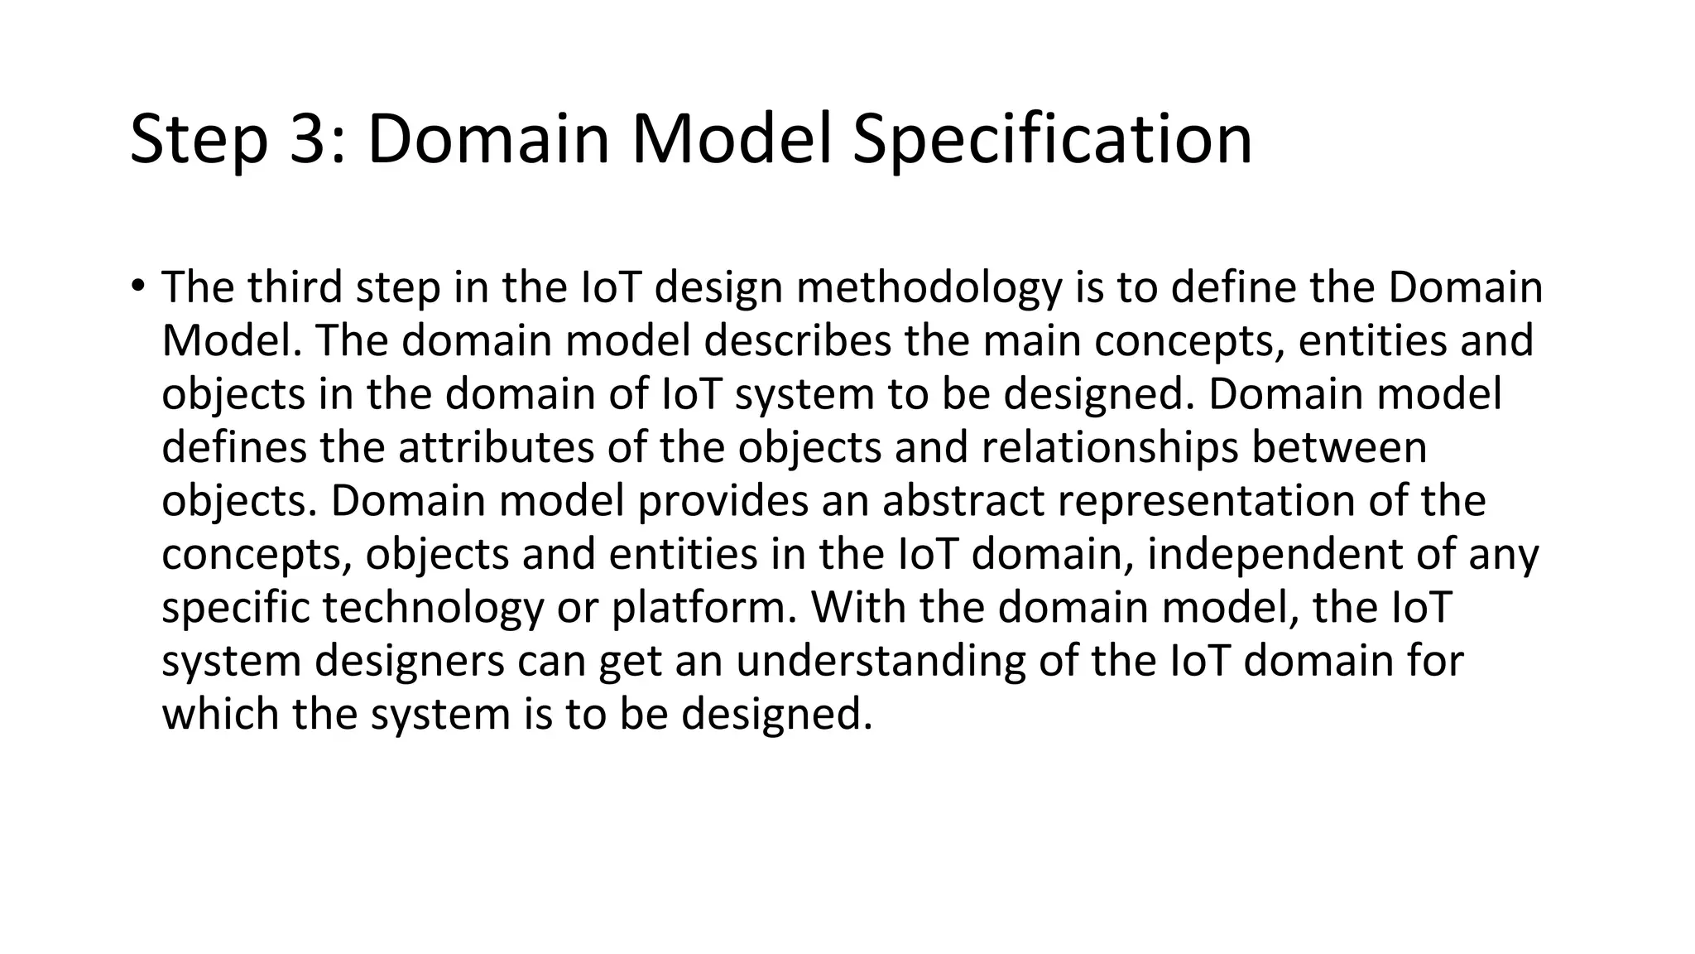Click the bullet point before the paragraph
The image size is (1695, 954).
[x=137, y=287]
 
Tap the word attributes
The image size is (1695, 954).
[x=496, y=447]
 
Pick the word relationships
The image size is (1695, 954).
[x=1110, y=447]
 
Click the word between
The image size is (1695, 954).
[x=1339, y=447]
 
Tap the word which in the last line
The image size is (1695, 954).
[x=219, y=714]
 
